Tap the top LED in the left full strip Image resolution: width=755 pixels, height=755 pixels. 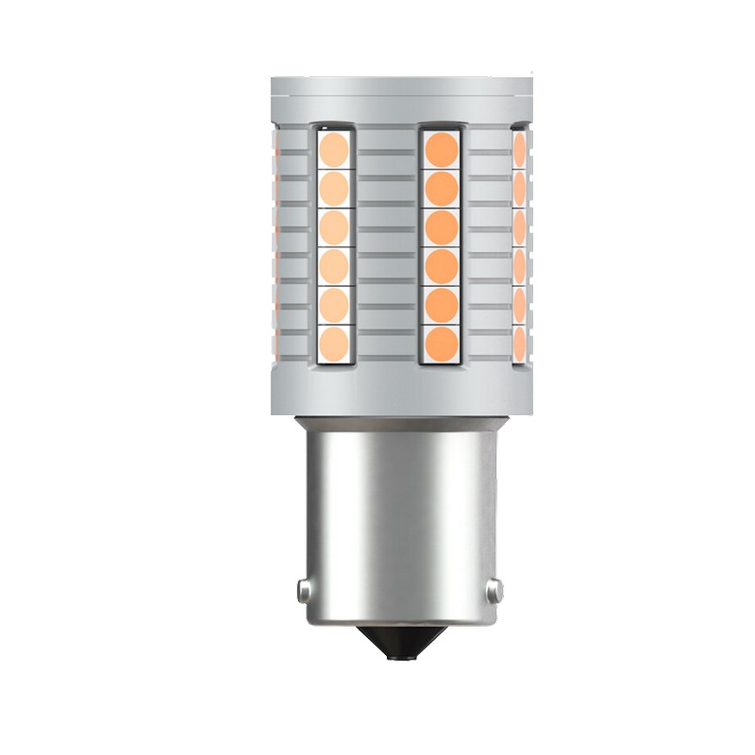(x=333, y=147)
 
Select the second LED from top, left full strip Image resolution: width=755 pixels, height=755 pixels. (x=333, y=187)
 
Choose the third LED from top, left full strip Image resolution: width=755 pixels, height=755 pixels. (x=333, y=226)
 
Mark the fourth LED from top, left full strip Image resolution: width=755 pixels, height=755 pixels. (x=333, y=263)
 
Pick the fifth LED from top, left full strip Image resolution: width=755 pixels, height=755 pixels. (x=333, y=302)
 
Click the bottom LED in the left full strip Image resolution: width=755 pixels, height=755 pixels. (x=333, y=341)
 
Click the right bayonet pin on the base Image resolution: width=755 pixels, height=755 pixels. (x=494, y=589)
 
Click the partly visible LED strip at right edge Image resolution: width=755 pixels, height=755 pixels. (x=519, y=245)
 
